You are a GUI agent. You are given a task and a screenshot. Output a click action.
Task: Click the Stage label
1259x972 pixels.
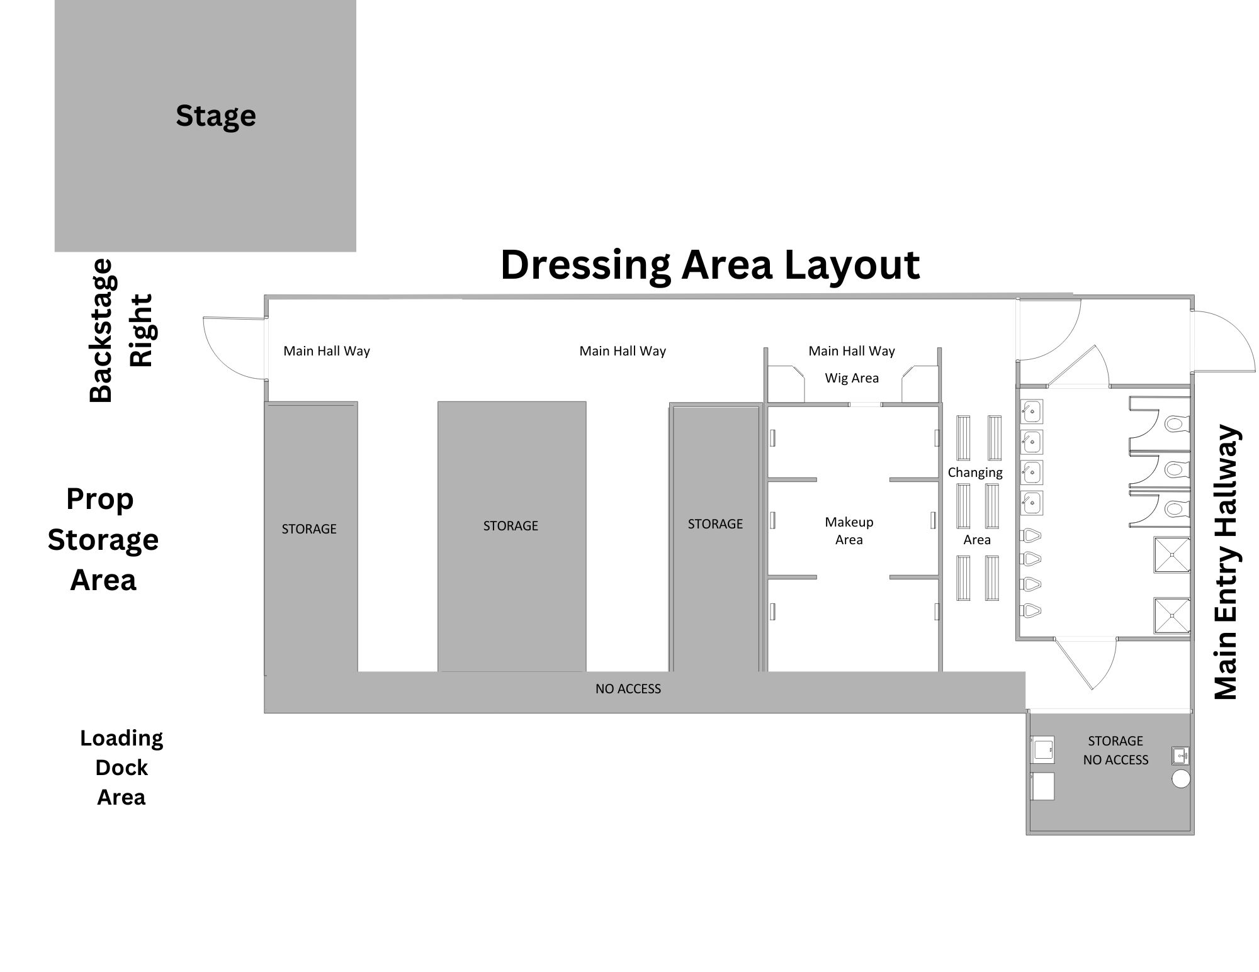pos(216,116)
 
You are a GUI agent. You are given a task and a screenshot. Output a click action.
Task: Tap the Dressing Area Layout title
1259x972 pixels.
pos(710,265)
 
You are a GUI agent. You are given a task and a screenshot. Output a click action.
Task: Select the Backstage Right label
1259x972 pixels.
pos(121,330)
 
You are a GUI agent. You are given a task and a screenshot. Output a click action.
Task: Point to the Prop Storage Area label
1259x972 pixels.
pos(103,539)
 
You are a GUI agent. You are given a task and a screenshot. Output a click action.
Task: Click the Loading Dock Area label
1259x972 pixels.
pos(121,768)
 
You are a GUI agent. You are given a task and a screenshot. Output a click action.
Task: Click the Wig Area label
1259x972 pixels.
pos(852,378)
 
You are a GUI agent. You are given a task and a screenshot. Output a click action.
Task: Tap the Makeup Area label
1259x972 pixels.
pos(849,530)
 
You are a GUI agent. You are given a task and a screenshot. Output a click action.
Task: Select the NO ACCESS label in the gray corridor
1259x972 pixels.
pos(628,689)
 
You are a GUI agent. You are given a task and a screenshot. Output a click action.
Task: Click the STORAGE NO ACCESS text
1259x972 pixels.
pos(1115,751)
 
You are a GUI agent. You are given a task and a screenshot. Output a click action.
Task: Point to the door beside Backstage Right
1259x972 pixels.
pos(234,348)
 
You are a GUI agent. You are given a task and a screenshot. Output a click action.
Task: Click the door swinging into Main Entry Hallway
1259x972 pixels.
pos(1222,342)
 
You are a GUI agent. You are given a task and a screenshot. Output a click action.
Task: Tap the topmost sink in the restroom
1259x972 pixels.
pos(1032,411)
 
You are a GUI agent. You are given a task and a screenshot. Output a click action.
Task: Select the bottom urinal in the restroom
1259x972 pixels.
pos(1031,610)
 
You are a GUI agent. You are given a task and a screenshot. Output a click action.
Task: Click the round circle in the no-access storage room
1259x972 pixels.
pos(1181,779)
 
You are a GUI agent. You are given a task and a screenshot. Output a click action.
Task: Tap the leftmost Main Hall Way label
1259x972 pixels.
pos(327,351)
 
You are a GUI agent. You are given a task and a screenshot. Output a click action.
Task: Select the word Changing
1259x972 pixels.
pos(975,473)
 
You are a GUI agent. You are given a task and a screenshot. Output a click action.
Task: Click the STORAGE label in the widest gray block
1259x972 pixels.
pos(511,526)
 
